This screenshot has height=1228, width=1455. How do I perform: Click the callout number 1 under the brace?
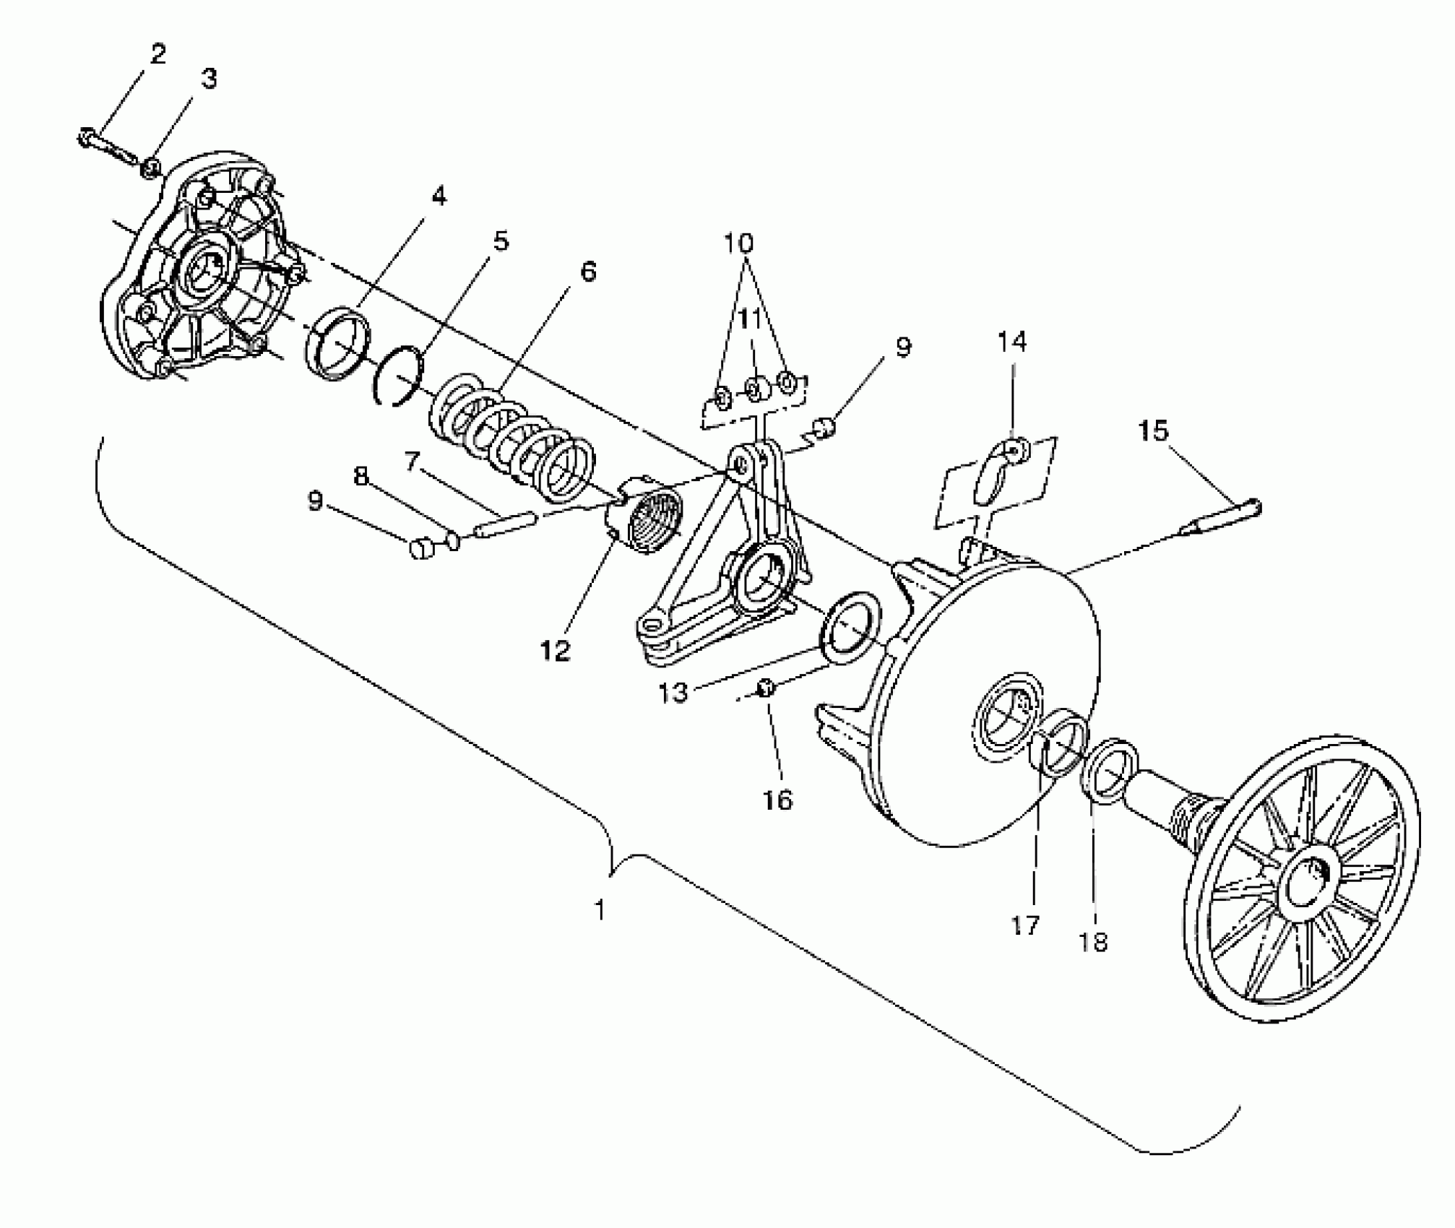[599, 910]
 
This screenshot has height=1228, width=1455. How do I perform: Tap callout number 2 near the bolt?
[158, 54]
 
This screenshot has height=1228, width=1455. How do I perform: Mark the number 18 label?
[1092, 941]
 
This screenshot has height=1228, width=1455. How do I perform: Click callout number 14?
[1011, 341]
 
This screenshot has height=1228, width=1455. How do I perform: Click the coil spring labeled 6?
[513, 441]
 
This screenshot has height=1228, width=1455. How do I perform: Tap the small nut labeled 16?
[767, 688]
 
